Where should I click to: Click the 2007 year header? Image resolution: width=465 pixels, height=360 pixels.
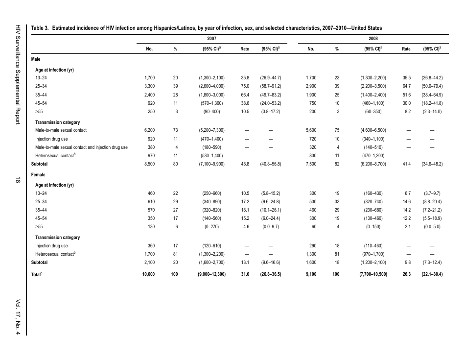coord(212,39)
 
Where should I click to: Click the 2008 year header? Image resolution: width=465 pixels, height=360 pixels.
coord(373,39)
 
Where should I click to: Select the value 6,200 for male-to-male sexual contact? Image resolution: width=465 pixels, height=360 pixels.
coord(150,130)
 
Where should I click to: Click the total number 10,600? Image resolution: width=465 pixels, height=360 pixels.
coord(148,274)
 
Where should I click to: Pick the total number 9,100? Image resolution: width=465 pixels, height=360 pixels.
coord(310,274)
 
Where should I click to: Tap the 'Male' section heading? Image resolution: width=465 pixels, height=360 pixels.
coord(36,59)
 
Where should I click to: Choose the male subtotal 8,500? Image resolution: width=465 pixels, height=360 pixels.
coord(150,164)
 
